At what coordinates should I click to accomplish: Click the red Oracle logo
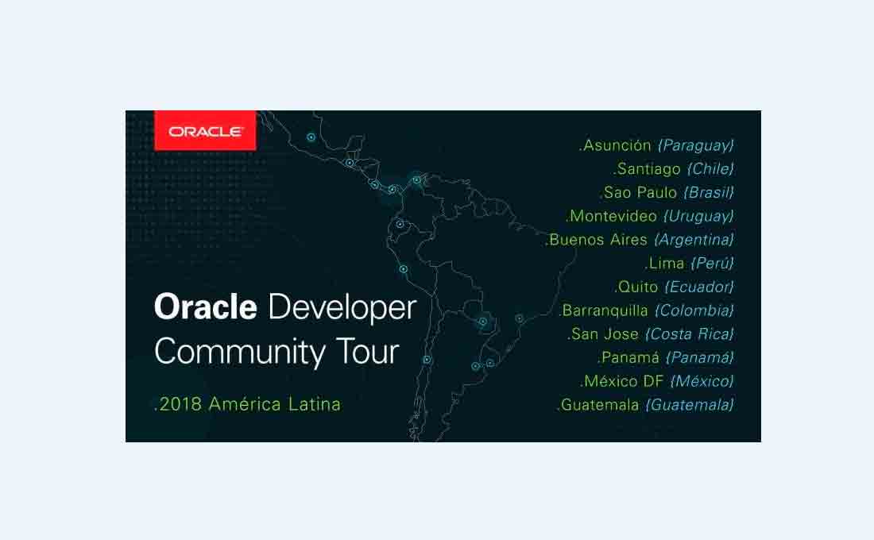click(x=205, y=130)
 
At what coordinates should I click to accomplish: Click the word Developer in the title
click(x=342, y=308)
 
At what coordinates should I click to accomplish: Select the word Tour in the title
click(x=368, y=352)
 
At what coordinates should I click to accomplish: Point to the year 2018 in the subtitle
click(x=180, y=404)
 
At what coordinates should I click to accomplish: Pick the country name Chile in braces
click(x=710, y=169)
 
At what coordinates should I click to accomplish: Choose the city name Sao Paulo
click(x=640, y=192)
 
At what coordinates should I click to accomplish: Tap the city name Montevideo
click(x=613, y=216)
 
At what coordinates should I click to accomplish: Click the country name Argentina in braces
click(x=694, y=240)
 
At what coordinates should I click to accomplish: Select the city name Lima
click(x=667, y=263)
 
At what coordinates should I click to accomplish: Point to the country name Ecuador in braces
click(x=699, y=287)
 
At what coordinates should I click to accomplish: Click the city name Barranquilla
click(x=605, y=310)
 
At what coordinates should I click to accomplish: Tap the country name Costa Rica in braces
click(x=690, y=334)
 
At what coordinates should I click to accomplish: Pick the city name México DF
click(x=624, y=381)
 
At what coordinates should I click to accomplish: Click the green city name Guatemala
click(x=600, y=404)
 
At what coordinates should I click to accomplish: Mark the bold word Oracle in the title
click(x=206, y=307)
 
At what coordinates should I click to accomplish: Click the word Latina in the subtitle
click(x=315, y=404)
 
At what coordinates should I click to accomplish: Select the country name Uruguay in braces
click(x=698, y=216)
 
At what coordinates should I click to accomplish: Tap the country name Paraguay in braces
click(x=696, y=145)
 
